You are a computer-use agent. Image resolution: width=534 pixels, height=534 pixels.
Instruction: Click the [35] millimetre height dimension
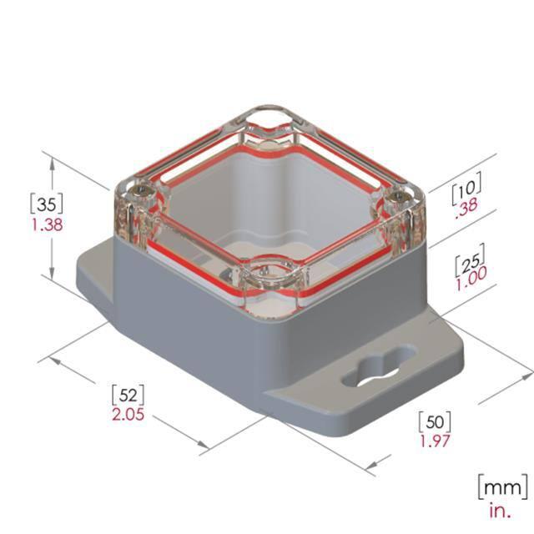[47, 204]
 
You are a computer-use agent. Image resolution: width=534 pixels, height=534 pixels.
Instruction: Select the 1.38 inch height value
[48, 224]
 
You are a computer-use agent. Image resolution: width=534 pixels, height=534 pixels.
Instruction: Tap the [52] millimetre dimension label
[128, 395]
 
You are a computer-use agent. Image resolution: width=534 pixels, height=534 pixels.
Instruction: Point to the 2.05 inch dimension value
[128, 415]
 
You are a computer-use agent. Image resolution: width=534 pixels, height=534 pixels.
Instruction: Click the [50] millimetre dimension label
[435, 421]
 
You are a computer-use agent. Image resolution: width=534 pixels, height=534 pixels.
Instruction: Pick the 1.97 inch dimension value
[435, 441]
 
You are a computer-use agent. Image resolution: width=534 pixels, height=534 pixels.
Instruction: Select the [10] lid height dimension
[466, 189]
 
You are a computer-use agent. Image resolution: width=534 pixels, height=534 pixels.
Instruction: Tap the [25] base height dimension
[471, 260]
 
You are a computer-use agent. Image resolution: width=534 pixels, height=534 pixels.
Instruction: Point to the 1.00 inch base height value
[471, 279]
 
